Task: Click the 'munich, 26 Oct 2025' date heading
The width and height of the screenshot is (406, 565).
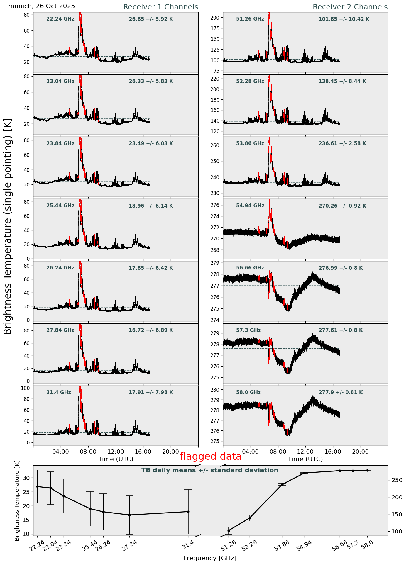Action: (41, 6)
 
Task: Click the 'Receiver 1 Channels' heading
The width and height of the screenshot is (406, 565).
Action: (160, 7)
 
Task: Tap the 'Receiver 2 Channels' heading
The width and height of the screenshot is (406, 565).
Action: (350, 7)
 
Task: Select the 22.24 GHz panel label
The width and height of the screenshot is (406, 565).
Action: (60, 19)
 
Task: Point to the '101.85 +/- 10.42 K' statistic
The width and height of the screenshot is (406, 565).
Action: (344, 19)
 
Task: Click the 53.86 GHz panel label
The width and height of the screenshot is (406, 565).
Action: (250, 143)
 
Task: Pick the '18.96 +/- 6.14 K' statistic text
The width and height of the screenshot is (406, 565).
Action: (151, 206)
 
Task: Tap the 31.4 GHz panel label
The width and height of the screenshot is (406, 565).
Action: (59, 392)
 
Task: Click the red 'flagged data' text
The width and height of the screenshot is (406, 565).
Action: (210, 457)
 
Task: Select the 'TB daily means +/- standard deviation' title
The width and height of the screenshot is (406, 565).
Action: (210, 470)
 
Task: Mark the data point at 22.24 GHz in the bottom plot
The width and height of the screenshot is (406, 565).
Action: (37, 486)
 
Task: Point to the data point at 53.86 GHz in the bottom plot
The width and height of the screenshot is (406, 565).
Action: (282, 484)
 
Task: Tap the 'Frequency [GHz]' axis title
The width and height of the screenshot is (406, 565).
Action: (210, 558)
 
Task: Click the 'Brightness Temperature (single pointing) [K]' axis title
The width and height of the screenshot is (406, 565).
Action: (8, 226)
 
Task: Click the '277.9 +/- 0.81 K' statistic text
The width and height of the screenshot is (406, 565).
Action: (341, 392)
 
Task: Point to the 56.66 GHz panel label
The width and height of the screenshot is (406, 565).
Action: (250, 268)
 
